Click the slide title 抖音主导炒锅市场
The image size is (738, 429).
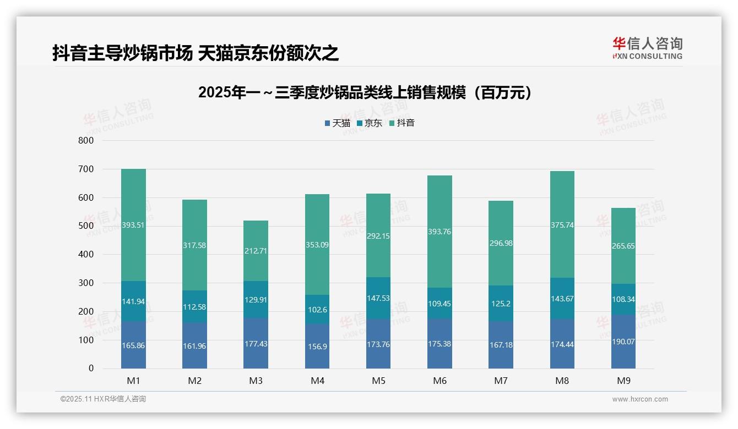195,53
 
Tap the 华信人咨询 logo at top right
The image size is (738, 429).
647,48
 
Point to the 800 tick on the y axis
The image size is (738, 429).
86,141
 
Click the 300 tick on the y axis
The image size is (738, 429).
86,283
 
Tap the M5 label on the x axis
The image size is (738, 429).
378,381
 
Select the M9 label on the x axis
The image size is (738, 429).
623,381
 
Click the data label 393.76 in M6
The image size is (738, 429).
439,232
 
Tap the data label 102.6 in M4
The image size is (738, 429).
317,310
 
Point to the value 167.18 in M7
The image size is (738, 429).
501,345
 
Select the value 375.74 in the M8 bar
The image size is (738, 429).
562,224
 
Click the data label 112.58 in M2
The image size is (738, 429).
194,307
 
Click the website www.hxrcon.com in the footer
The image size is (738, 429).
639,399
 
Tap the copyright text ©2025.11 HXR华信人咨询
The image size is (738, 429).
103,399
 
